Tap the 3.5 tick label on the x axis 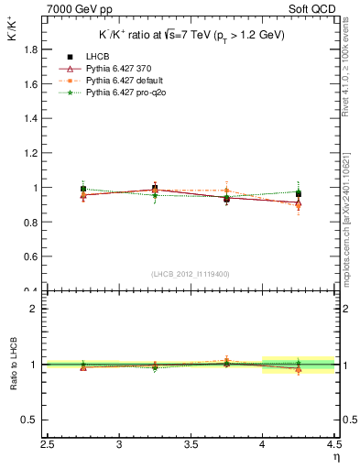[x=191, y=445]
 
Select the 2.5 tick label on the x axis [x=49, y=445]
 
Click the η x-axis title [x=335, y=458]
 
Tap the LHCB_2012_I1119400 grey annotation [x=191, y=274]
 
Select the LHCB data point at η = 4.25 [x=298, y=194]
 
